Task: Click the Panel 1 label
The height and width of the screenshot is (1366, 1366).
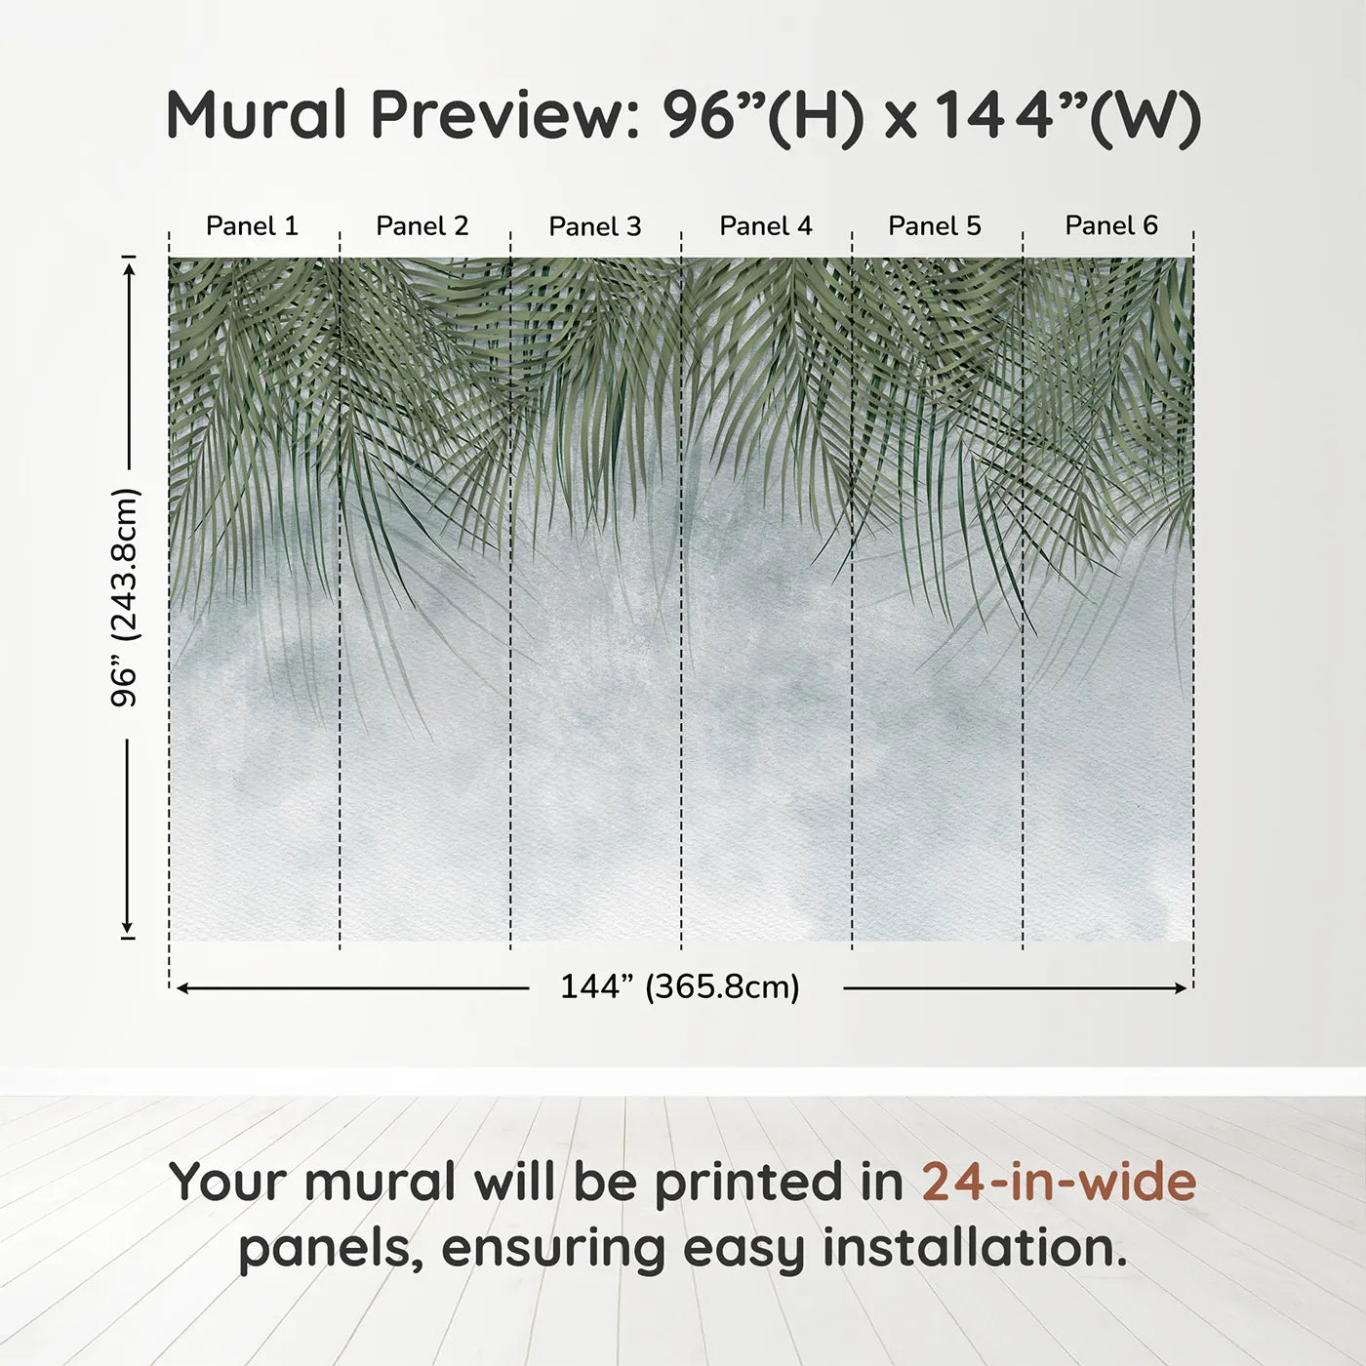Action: pyautogui.click(x=252, y=225)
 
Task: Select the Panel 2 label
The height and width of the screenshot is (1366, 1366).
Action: pyautogui.click(x=422, y=225)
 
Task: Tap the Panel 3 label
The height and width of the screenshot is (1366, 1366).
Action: pyautogui.click(x=594, y=226)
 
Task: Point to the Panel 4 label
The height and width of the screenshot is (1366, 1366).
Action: pyautogui.click(x=765, y=225)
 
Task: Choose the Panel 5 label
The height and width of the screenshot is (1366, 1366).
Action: pyautogui.click(x=934, y=225)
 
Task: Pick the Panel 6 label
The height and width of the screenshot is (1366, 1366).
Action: pyautogui.click(x=1110, y=225)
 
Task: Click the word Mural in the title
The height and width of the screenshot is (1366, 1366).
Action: pyautogui.click(x=256, y=114)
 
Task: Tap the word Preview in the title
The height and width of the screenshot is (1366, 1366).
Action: pyautogui.click(x=504, y=115)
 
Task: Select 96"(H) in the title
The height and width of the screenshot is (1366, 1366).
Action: pyautogui.click(x=763, y=115)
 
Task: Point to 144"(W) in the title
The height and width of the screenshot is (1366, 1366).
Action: pyautogui.click(x=1066, y=115)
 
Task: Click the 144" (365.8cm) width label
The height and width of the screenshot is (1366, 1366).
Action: pyautogui.click(x=679, y=986)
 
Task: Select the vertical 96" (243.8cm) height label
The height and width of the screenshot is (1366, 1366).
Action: pyautogui.click(x=125, y=597)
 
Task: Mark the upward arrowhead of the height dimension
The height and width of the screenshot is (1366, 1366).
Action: pyautogui.click(x=128, y=264)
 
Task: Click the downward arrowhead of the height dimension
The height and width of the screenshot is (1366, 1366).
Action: pyautogui.click(x=127, y=928)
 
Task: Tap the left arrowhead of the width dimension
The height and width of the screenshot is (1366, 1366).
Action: pyautogui.click(x=181, y=988)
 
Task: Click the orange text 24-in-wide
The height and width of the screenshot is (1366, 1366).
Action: pyautogui.click(x=1059, y=1182)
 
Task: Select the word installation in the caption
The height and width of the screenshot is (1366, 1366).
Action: pyautogui.click(x=975, y=1248)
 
